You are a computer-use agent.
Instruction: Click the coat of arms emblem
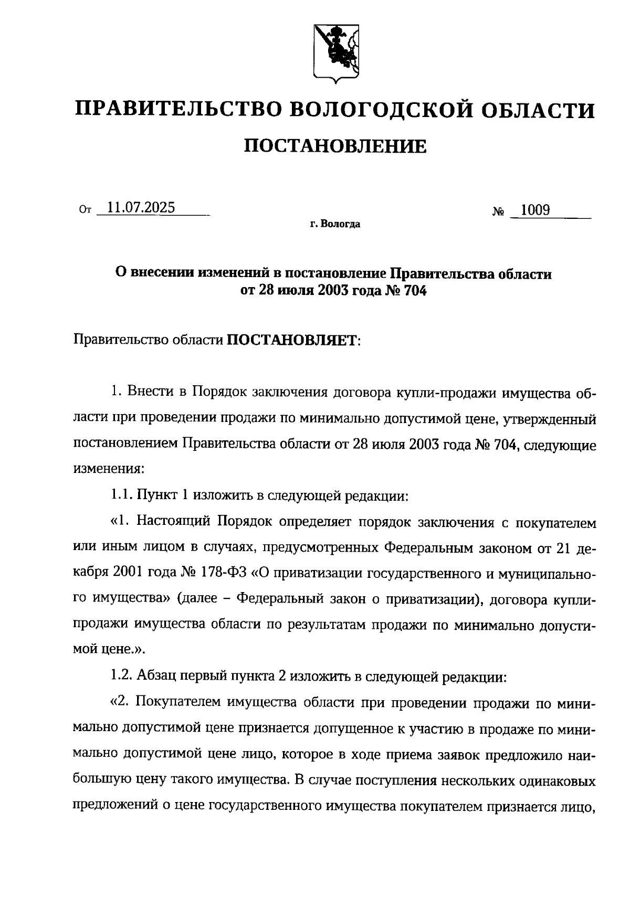click(x=337, y=53)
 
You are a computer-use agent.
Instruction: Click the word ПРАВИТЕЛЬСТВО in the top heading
click(x=178, y=110)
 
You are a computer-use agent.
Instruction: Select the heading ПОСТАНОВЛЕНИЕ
click(x=335, y=146)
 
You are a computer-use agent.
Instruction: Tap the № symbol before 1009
click(x=499, y=212)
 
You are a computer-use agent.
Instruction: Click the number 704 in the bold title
click(x=415, y=290)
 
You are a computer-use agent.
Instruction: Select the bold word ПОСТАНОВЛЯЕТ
click(x=292, y=341)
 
